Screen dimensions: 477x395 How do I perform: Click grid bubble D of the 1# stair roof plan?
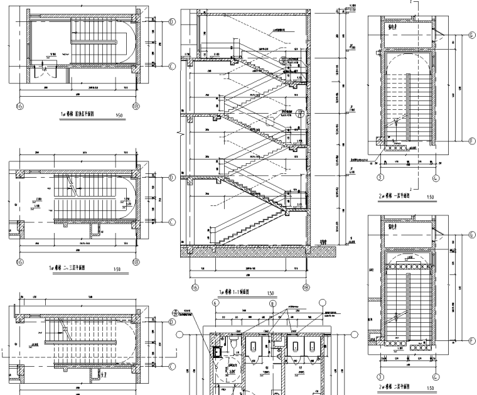(x=171, y=21)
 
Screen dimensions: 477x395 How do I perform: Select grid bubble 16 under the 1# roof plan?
(x=20, y=106)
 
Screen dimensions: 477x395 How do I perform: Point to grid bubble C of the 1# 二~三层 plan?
(x=171, y=222)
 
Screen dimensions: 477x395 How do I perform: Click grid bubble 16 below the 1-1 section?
(x=195, y=286)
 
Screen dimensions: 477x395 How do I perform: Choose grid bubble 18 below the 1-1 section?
(x=306, y=286)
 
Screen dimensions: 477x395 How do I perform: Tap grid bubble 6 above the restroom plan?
(x=216, y=302)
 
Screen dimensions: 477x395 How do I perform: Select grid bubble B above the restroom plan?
(x=272, y=302)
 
